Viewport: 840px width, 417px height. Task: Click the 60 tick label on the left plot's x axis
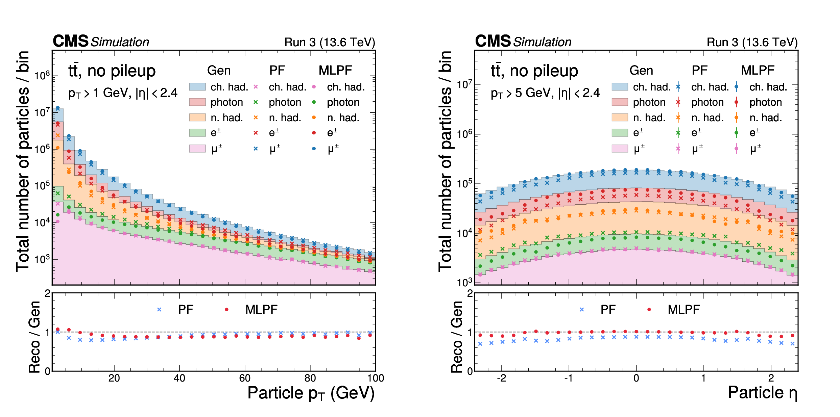click(x=245, y=378)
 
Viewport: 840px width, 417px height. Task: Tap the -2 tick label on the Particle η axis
click(x=501, y=378)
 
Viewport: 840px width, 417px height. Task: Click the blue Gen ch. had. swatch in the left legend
click(x=197, y=87)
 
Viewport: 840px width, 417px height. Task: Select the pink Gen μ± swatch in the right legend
click(x=620, y=149)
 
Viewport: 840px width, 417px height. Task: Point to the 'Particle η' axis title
click(x=763, y=393)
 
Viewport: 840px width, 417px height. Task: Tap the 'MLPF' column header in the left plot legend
click(x=335, y=70)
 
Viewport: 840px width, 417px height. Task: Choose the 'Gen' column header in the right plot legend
click(x=641, y=70)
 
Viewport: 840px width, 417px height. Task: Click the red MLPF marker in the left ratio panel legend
click(x=226, y=309)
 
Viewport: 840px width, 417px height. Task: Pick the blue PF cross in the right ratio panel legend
click(x=581, y=309)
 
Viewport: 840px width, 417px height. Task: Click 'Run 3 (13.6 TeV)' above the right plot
click(x=752, y=42)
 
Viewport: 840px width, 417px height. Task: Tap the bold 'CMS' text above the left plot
click(x=70, y=41)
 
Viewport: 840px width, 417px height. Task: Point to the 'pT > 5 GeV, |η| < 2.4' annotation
click(x=545, y=93)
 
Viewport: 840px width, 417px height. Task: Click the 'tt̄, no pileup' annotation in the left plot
click(x=112, y=71)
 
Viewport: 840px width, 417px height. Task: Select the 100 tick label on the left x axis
click(x=376, y=378)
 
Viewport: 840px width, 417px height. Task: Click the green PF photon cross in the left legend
click(x=256, y=102)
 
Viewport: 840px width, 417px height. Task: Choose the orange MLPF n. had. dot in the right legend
click(x=736, y=118)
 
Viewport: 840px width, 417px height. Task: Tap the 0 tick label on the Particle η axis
click(x=636, y=378)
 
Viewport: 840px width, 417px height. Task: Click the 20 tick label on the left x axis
click(x=114, y=378)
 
